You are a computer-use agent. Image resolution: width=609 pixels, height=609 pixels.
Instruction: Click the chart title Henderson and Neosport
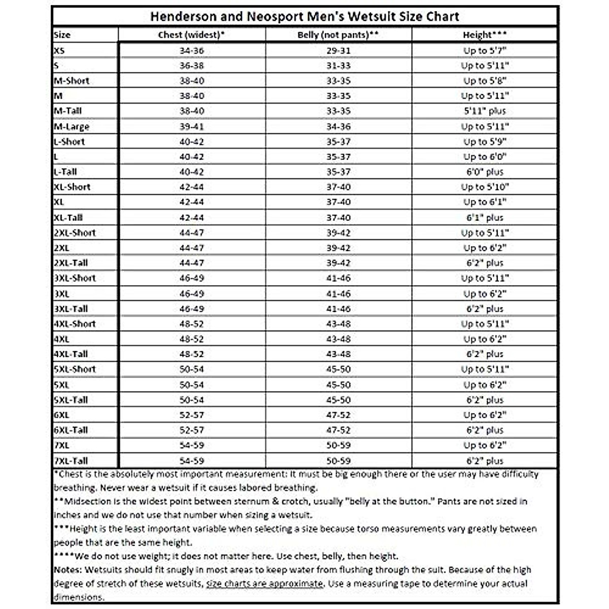(x=304, y=16)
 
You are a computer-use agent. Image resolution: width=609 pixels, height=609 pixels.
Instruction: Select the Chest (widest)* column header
(x=191, y=35)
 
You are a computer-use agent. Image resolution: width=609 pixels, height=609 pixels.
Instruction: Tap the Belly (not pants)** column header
(x=339, y=35)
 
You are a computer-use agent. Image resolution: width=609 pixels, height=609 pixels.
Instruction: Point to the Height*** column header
(x=485, y=35)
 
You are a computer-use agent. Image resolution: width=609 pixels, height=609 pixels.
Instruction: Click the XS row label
(x=60, y=51)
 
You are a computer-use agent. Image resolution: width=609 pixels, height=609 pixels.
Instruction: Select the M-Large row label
(x=72, y=126)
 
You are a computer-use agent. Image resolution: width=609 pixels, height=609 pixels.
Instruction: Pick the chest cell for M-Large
(x=191, y=126)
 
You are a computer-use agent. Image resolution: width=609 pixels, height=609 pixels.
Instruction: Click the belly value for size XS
(x=339, y=51)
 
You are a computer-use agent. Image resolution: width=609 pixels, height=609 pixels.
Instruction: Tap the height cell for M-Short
(x=485, y=81)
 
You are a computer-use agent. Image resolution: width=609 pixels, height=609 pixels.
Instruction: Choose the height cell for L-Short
(x=485, y=142)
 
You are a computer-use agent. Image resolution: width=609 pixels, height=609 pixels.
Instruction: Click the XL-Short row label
(x=72, y=187)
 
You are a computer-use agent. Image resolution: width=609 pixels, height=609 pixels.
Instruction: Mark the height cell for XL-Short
(x=485, y=187)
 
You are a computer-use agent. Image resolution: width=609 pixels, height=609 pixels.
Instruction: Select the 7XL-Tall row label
(x=71, y=461)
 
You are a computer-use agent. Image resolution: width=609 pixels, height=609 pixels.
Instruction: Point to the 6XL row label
(x=61, y=415)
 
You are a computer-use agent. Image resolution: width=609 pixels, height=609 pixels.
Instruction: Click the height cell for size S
(x=485, y=65)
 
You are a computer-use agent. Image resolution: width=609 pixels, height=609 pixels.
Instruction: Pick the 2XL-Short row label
(x=75, y=232)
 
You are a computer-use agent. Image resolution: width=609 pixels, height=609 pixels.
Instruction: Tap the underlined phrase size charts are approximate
(x=264, y=584)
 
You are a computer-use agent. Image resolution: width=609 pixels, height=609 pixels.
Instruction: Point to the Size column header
(x=62, y=35)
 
